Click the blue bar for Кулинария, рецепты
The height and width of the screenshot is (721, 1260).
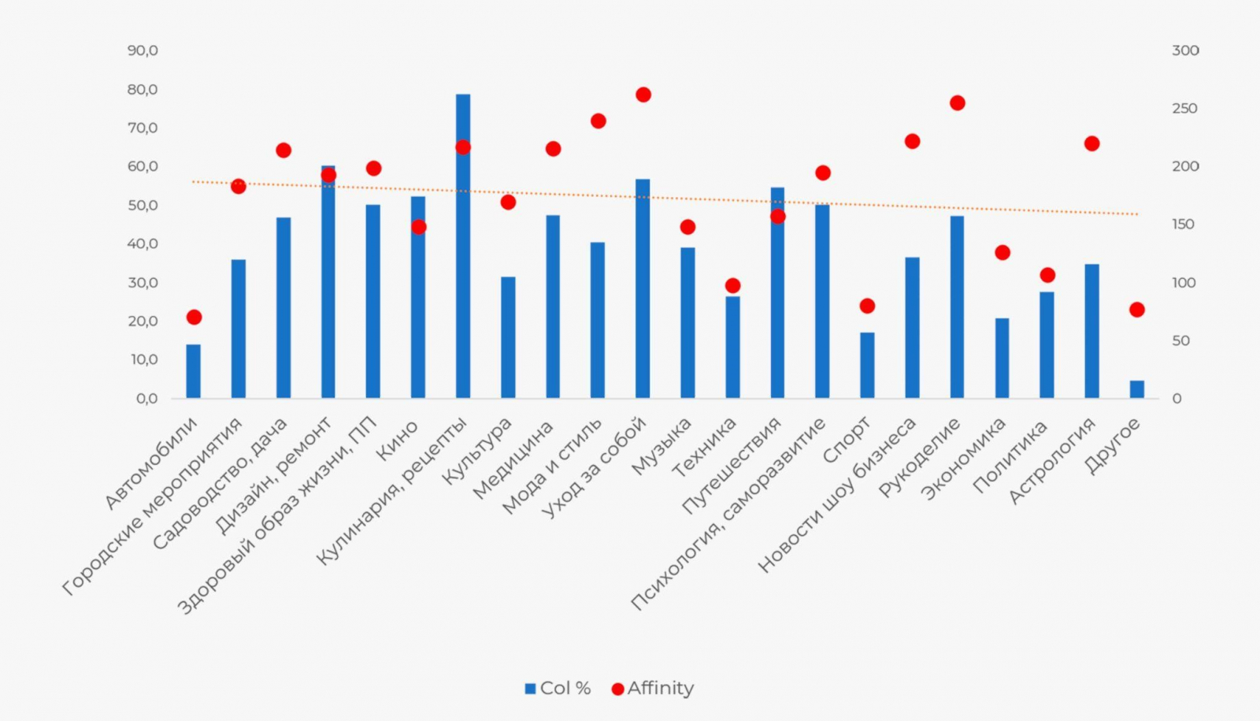point(463,246)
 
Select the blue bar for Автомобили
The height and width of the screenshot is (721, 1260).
point(194,371)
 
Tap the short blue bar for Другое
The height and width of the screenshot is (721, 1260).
point(1136,389)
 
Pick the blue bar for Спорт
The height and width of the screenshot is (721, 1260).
point(867,365)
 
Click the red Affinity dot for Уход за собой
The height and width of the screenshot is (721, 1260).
point(643,95)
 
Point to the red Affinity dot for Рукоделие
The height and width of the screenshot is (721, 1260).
point(958,103)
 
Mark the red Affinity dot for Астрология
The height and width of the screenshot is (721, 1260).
point(1091,143)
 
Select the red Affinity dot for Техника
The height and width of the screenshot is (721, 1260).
point(732,285)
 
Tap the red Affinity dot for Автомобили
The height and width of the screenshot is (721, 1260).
point(194,318)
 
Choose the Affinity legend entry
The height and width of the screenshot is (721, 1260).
point(653,689)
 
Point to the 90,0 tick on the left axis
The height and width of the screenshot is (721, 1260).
point(143,50)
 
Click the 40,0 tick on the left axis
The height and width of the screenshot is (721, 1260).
point(143,243)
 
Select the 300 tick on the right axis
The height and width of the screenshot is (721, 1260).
point(1185,50)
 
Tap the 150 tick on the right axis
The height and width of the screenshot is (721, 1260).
point(1183,225)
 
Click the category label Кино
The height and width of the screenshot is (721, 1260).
point(398,441)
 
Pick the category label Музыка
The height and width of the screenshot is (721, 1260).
point(661,447)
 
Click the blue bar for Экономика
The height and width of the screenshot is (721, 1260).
point(1002,359)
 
